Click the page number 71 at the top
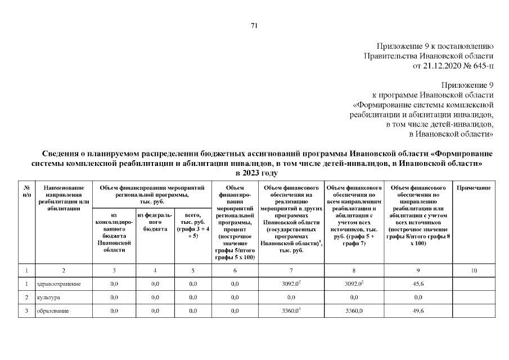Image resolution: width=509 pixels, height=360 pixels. [254, 25]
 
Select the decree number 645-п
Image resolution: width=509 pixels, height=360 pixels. [481, 66]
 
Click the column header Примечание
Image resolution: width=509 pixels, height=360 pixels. [474, 187]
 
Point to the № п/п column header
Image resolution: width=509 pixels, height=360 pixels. [26, 191]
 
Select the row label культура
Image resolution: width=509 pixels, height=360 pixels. [48, 297]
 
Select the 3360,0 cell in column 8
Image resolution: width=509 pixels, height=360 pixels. [354, 311]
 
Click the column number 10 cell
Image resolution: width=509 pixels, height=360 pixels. [474, 271]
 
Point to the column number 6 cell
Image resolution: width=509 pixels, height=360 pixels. [235, 271]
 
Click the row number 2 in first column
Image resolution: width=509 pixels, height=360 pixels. [26, 297]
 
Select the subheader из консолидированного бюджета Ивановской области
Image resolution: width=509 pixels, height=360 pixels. [114, 233]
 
